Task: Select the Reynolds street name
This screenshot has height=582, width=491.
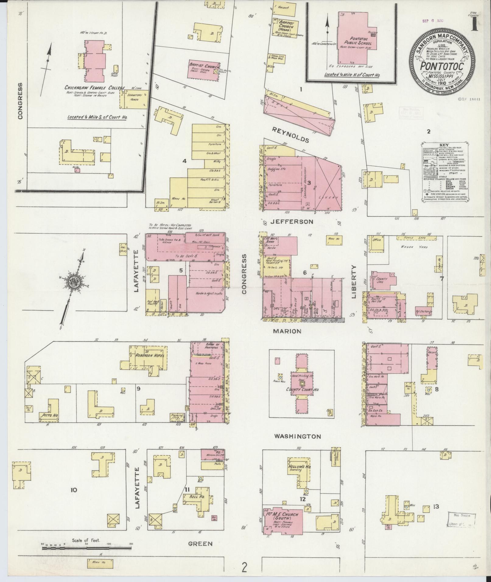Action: (x=290, y=135)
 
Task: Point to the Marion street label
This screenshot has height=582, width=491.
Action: (x=287, y=331)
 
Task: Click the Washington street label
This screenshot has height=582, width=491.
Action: (x=297, y=436)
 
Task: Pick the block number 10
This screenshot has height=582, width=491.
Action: (x=74, y=490)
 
